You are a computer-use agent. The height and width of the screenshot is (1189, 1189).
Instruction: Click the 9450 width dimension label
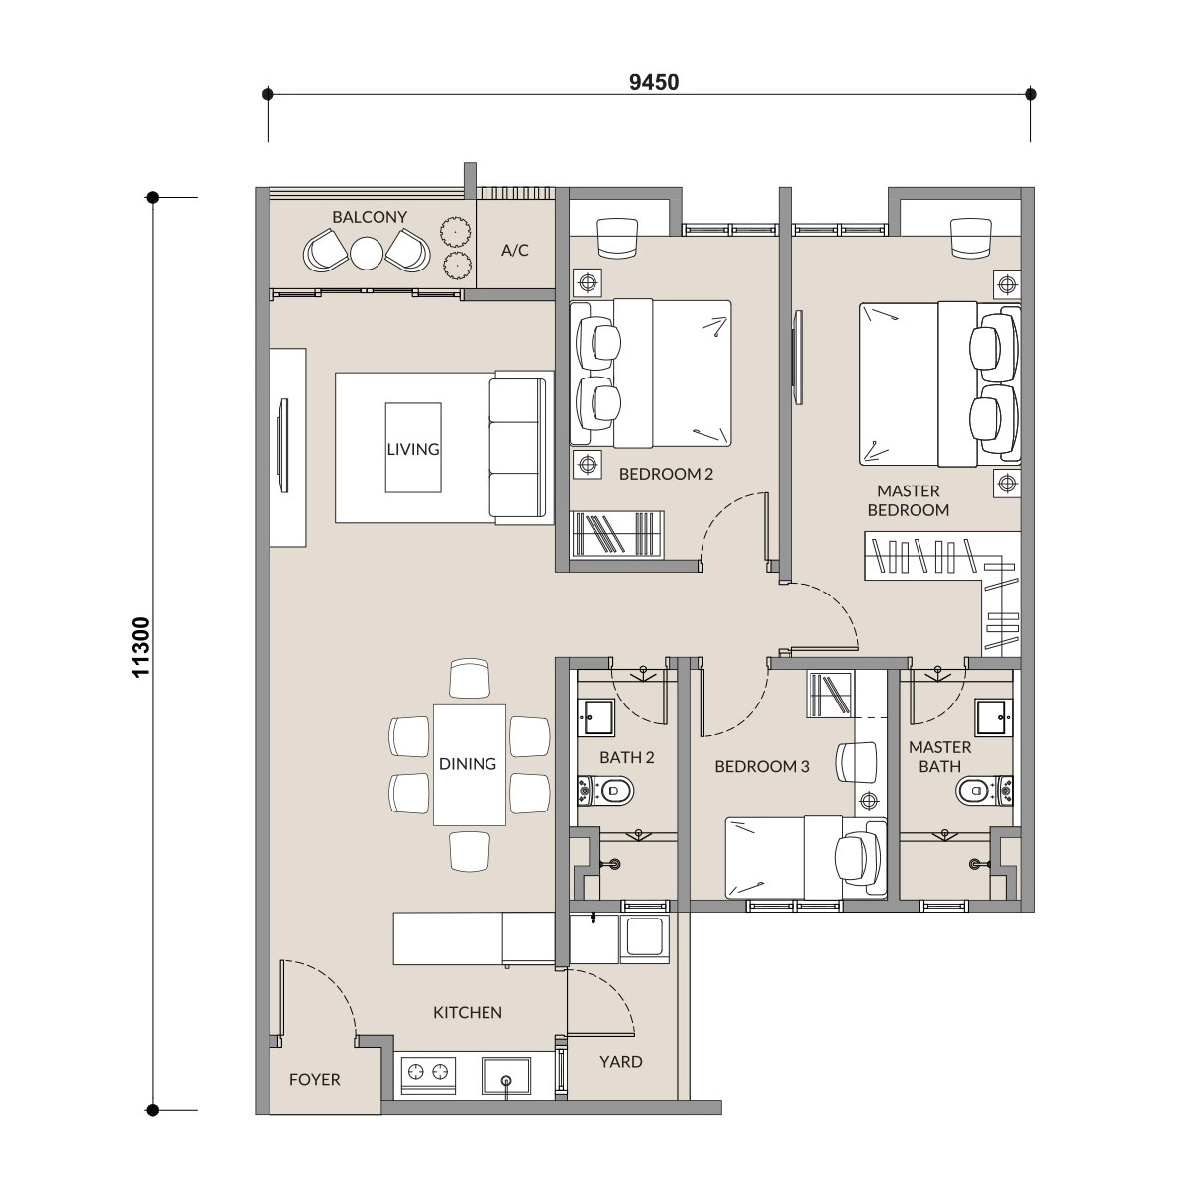pos(654,82)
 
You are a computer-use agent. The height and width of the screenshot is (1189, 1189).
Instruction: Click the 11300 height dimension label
pos(142,647)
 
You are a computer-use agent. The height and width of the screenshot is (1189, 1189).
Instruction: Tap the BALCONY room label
pos(370,217)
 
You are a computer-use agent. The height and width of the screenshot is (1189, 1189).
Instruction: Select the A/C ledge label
pos(515,250)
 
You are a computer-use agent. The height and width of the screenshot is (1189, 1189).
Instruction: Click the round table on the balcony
pos(368,253)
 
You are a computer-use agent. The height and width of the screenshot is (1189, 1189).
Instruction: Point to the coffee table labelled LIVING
pos(413,448)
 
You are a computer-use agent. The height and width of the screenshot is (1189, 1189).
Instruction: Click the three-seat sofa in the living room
pos(518,448)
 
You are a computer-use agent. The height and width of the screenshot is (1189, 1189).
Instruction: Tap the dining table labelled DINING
pos(469,765)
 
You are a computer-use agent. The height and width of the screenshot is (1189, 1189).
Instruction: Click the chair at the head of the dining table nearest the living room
pos(470,679)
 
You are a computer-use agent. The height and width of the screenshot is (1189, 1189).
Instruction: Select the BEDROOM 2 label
pos(666,474)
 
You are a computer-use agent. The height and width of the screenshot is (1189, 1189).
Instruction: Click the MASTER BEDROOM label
pos(909,500)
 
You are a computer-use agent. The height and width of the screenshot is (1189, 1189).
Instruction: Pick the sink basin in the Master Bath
pos(994,717)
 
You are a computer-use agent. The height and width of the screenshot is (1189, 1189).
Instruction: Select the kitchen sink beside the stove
pos(506,1076)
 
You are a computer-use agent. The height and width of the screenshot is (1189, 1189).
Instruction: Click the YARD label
pos(620,1062)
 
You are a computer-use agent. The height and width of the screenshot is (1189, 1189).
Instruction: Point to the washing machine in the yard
pos(645,938)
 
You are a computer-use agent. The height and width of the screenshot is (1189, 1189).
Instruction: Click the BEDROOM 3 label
pos(761,766)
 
